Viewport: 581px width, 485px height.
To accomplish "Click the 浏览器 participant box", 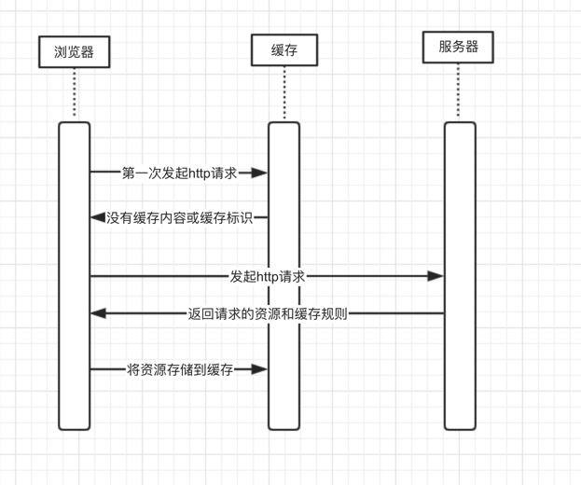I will pyautogui.click(x=75, y=51).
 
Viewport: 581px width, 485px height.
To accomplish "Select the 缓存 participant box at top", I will pyautogui.click(x=284, y=49).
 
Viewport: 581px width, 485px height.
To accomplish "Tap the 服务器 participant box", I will pyautogui.click(x=459, y=47).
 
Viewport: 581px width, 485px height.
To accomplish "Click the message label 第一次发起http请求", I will pyautogui.click(x=179, y=173).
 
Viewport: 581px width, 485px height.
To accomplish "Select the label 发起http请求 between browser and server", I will pyautogui.click(x=269, y=276).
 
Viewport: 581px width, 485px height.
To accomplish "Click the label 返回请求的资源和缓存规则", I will pyautogui.click(x=268, y=313).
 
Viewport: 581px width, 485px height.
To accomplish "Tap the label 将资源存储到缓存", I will pyautogui.click(x=180, y=369).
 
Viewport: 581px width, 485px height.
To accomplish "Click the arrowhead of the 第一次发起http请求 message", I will pyautogui.click(x=260, y=173).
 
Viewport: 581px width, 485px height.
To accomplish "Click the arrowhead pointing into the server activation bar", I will pyautogui.click(x=436, y=276).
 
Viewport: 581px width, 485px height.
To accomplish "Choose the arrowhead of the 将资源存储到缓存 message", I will pyautogui.click(x=260, y=369).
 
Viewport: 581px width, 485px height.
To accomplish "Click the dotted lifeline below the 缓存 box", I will pyautogui.click(x=284, y=93).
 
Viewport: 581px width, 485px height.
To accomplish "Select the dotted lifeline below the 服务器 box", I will pyautogui.click(x=459, y=92).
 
